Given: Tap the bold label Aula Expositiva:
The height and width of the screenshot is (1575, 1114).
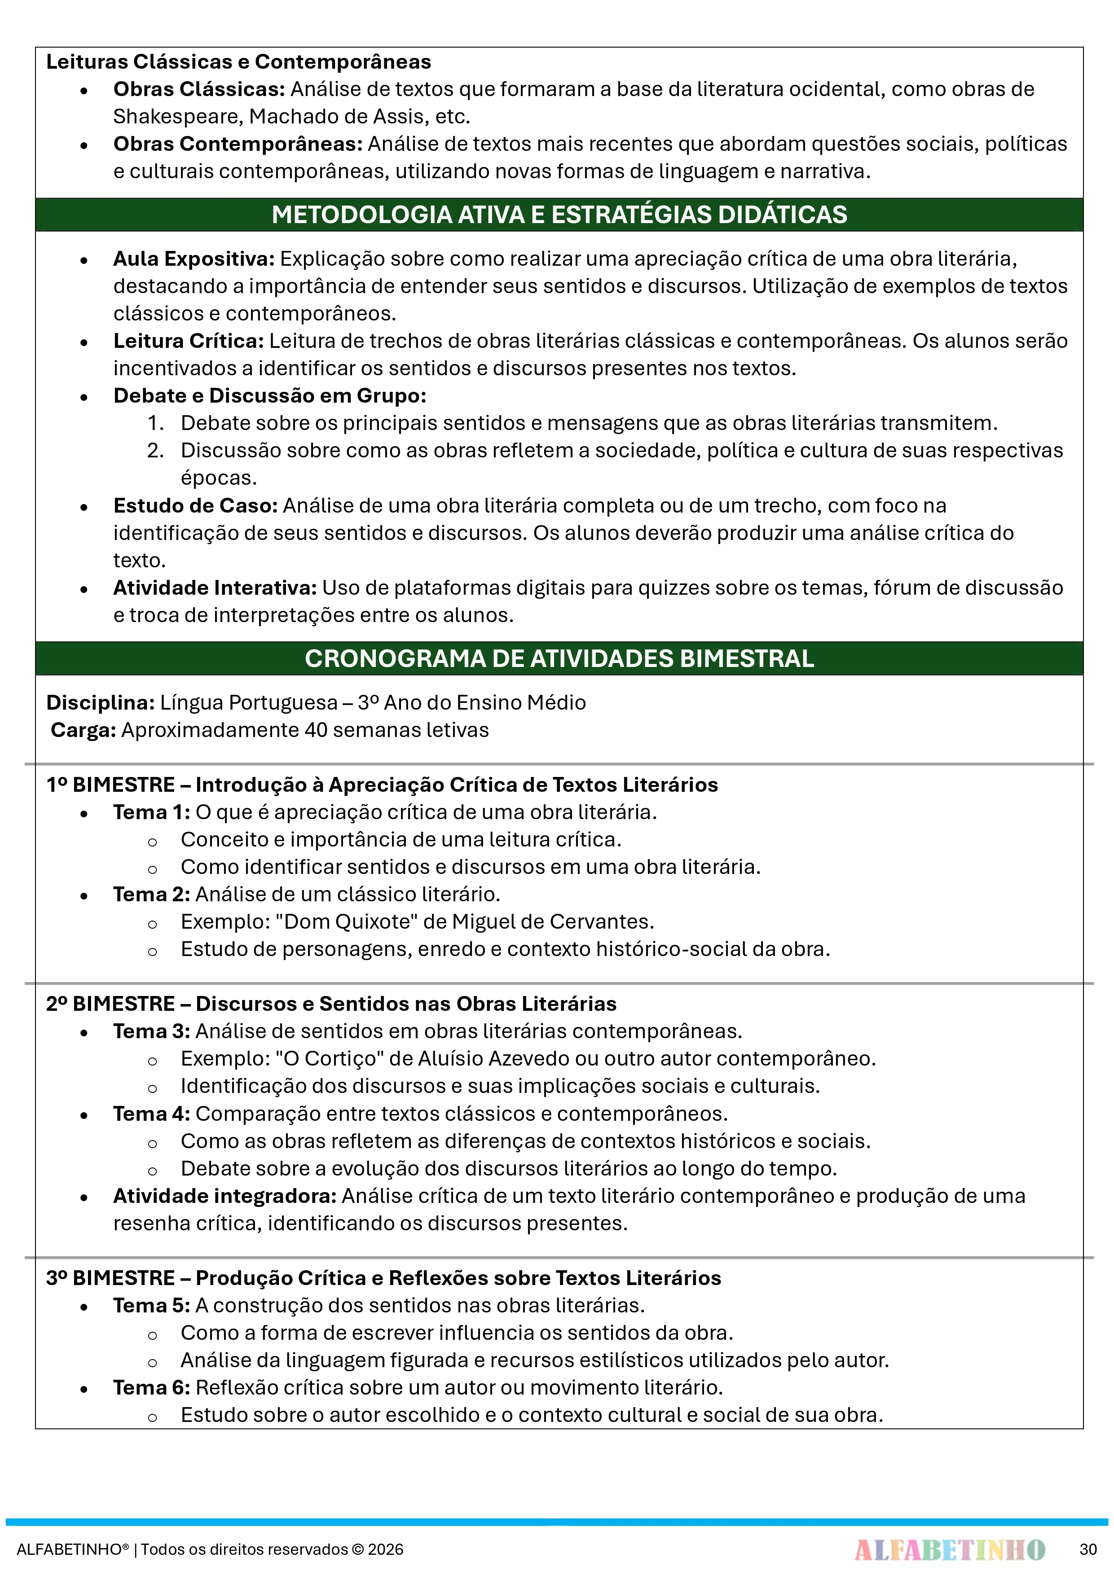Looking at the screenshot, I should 194,259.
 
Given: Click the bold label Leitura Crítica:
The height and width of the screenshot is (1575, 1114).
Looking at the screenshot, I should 188,341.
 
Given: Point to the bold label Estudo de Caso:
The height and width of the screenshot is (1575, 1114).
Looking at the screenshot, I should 195,505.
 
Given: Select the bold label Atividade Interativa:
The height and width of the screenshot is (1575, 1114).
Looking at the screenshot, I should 215,588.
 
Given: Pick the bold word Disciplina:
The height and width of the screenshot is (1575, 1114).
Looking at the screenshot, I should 100,702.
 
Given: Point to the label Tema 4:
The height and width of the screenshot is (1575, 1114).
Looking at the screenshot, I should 151,1113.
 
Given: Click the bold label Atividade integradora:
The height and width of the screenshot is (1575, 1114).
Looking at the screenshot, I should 225,1196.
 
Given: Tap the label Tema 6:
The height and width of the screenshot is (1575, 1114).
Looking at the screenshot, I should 151,1387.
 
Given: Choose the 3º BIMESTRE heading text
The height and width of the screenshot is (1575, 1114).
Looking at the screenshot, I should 383,1278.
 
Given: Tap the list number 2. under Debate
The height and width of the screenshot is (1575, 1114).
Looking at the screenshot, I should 155,451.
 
